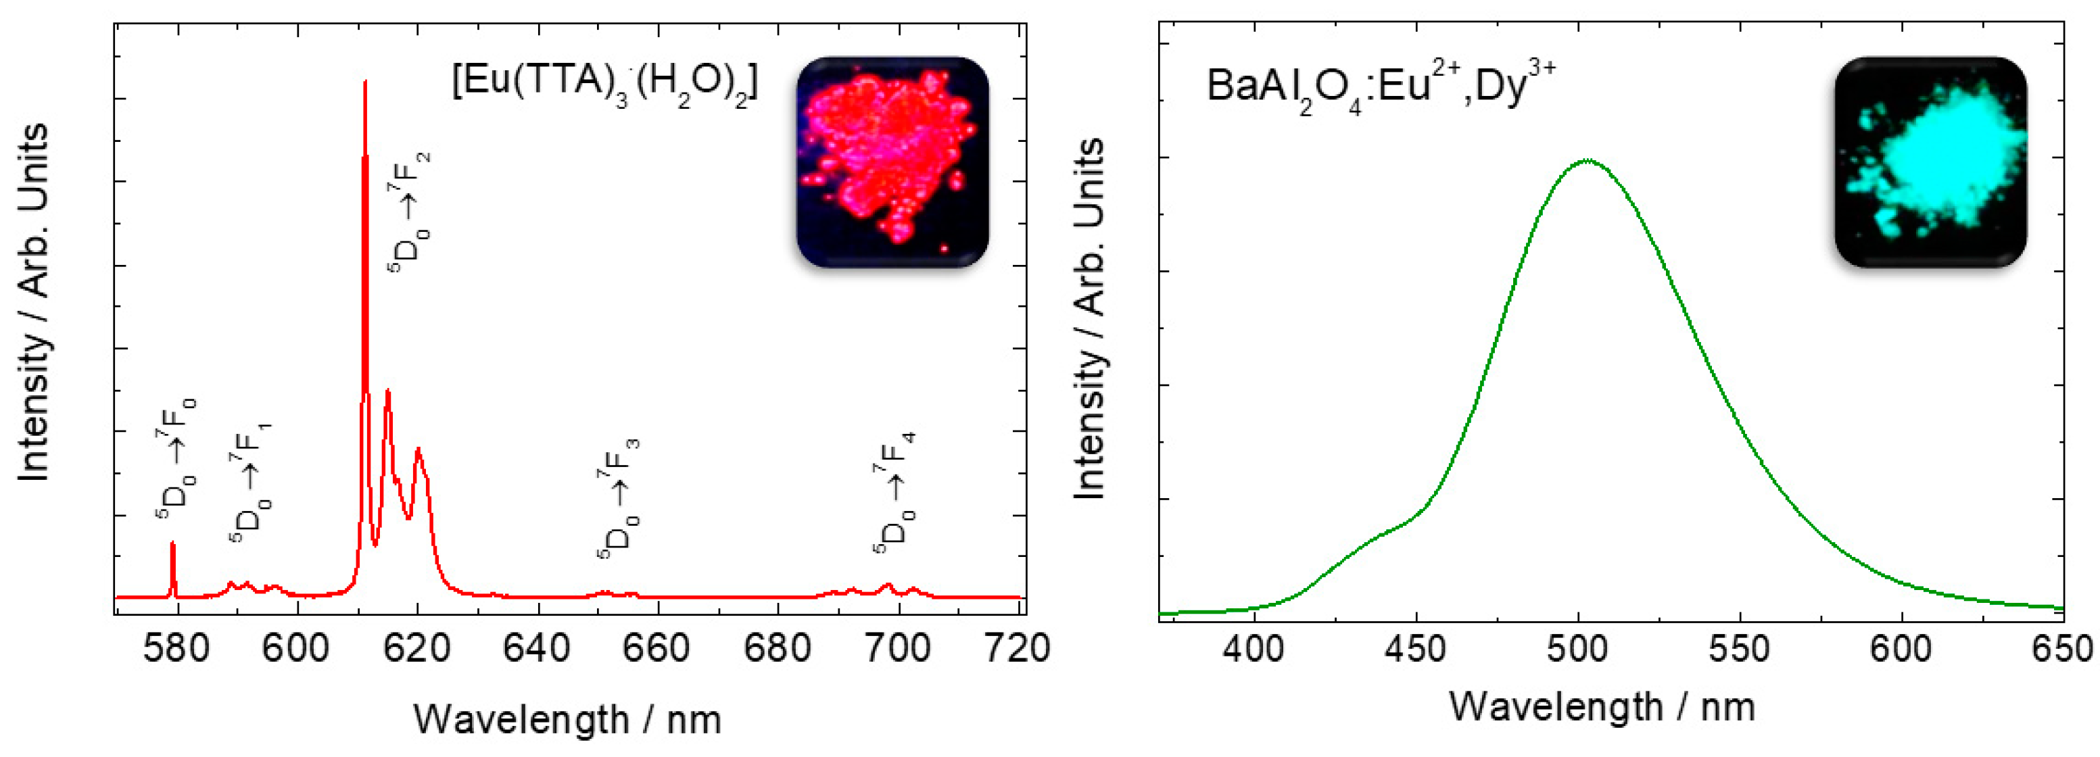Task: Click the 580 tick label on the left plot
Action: point(176,650)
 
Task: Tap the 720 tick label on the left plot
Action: point(1019,650)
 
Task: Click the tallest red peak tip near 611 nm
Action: point(365,82)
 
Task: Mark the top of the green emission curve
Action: point(1586,161)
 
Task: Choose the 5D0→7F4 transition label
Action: point(895,493)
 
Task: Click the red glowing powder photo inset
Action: point(892,162)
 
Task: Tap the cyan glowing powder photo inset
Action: point(1930,162)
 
